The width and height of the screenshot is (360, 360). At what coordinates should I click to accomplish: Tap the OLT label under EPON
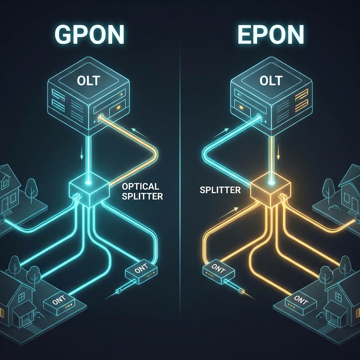pos(271,81)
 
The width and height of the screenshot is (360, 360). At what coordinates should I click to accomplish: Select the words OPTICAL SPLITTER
pos(142,191)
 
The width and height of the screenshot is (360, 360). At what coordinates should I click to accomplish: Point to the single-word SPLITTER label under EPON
pos(220,190)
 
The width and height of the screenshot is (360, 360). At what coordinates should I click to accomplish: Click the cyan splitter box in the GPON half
pos(88,192)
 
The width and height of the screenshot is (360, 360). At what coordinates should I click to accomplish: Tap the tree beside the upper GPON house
pos(31,188)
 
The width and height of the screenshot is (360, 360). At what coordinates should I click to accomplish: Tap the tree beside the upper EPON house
pos(328,188)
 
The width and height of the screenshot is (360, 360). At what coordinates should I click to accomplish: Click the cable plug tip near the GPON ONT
pos(118,291)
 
